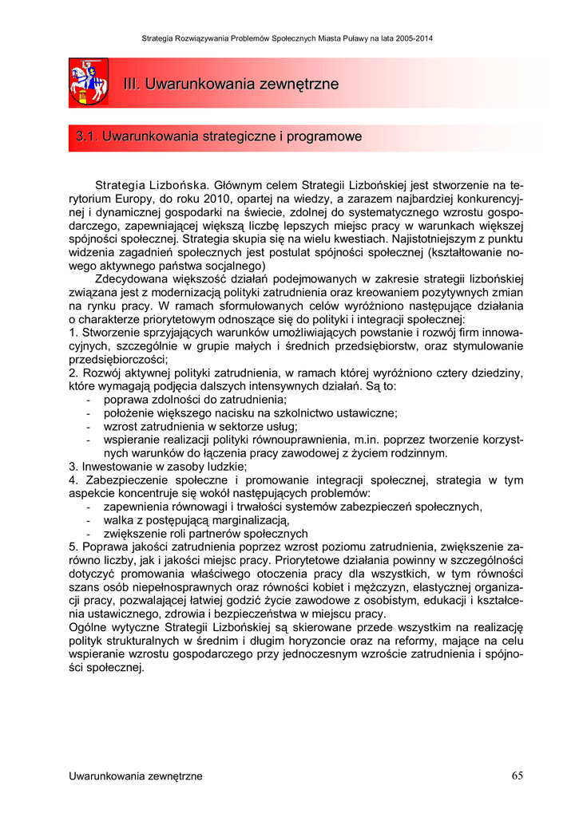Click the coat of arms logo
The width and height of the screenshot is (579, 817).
pyautogui.click(x=89, y=82)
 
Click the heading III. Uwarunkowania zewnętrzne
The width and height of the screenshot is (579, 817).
pyautogui.click(x=231, y=84)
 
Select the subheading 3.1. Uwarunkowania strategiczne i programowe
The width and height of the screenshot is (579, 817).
pyautogui.click(x=219, y=137)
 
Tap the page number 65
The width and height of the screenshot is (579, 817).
pyautogui.click(x=518, y=776)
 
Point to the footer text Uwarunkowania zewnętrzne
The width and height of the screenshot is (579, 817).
pyautogui.click(x=136, y=776)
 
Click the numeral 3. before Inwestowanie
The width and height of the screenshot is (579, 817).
pyautogui.click(x=73, y=467)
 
